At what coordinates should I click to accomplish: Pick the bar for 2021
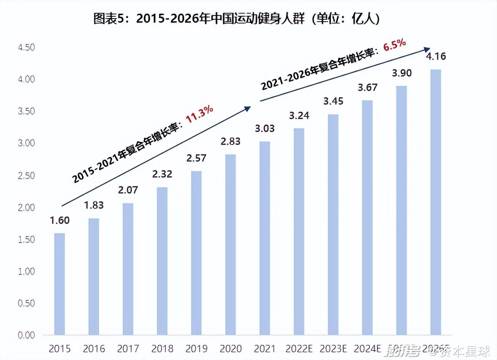(265, 238)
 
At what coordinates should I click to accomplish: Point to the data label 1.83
(94, 205)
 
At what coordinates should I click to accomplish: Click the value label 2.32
(162, 174)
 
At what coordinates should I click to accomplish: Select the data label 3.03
(265, 128)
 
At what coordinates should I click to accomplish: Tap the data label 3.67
(367, 88)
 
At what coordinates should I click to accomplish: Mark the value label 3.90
(402, 73)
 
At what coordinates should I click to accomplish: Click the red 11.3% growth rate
(199, 114)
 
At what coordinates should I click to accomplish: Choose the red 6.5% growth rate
(394, 45)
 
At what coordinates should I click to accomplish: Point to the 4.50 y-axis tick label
(26, 47)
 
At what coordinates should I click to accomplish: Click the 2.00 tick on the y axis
(26, 207)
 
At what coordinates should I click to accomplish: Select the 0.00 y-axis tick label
(26, 335)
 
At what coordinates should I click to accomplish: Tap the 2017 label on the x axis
(128, 349)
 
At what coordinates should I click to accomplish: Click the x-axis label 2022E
(299, 349)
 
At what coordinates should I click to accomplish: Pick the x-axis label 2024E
(367, 349)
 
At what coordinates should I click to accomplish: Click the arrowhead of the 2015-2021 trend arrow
(248, 109)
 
